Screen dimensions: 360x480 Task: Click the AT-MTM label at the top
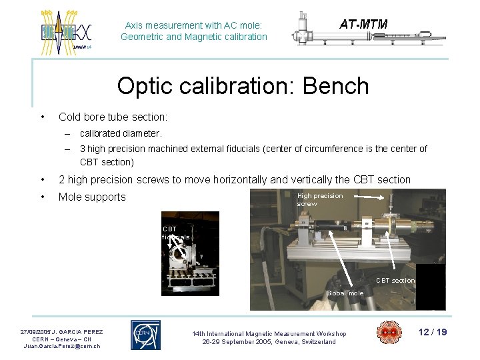363,25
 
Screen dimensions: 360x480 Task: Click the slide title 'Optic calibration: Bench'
243,86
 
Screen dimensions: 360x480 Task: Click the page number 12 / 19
433,332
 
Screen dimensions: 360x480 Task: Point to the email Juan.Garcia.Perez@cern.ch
62,347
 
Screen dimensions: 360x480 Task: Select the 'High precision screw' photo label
320,200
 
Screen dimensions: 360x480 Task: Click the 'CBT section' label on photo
395,281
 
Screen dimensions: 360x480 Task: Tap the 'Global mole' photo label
345,293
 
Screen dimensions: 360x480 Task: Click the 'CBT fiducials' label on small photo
175,233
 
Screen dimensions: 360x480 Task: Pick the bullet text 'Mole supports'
92,197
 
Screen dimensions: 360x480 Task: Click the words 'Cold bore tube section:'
113,117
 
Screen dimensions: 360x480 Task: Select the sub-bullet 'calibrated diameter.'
121,133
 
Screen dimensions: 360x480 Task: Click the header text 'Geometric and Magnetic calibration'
194,37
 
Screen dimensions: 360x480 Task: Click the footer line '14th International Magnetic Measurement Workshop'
269,333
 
